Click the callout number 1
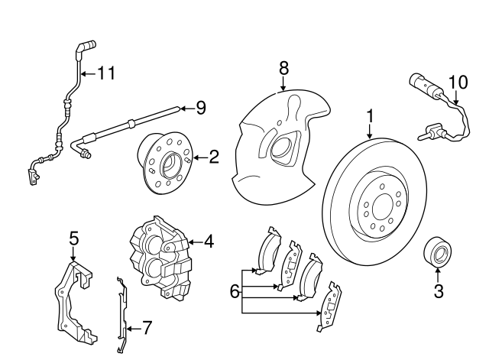pyautogui.click(x=370, y=116)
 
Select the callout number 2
pyautogui.click(x=214, y=157)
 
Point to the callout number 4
pyautogui.click(x=209, y=242)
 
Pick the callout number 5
pyautogui.click(x=73, y=238)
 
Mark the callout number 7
pyautogui.click(x=147, y=329)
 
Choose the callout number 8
pyautogui.click(x=283, y=68)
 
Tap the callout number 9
pyautogui.click(x=201, y=108)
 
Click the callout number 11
pyautogui.click(x=105, y=73)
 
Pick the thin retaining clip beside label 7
pyautogui.click(x=121, y=313)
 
